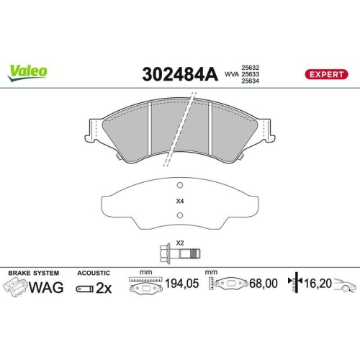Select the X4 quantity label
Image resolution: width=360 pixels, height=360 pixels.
pyautogui.click(x=179, y=201)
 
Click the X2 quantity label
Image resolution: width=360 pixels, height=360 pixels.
pyautogui.click(x=180, y=243)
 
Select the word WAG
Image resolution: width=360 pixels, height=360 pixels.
pyautogui.click(x=48, y=288)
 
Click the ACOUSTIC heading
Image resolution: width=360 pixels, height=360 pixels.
pyautogui.click(x=93, y=273)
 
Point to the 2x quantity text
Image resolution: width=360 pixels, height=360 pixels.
pyautogui.click(x=105, y=288)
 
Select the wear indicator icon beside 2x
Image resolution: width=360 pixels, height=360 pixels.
pyautogui.click(x=84, y=288)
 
